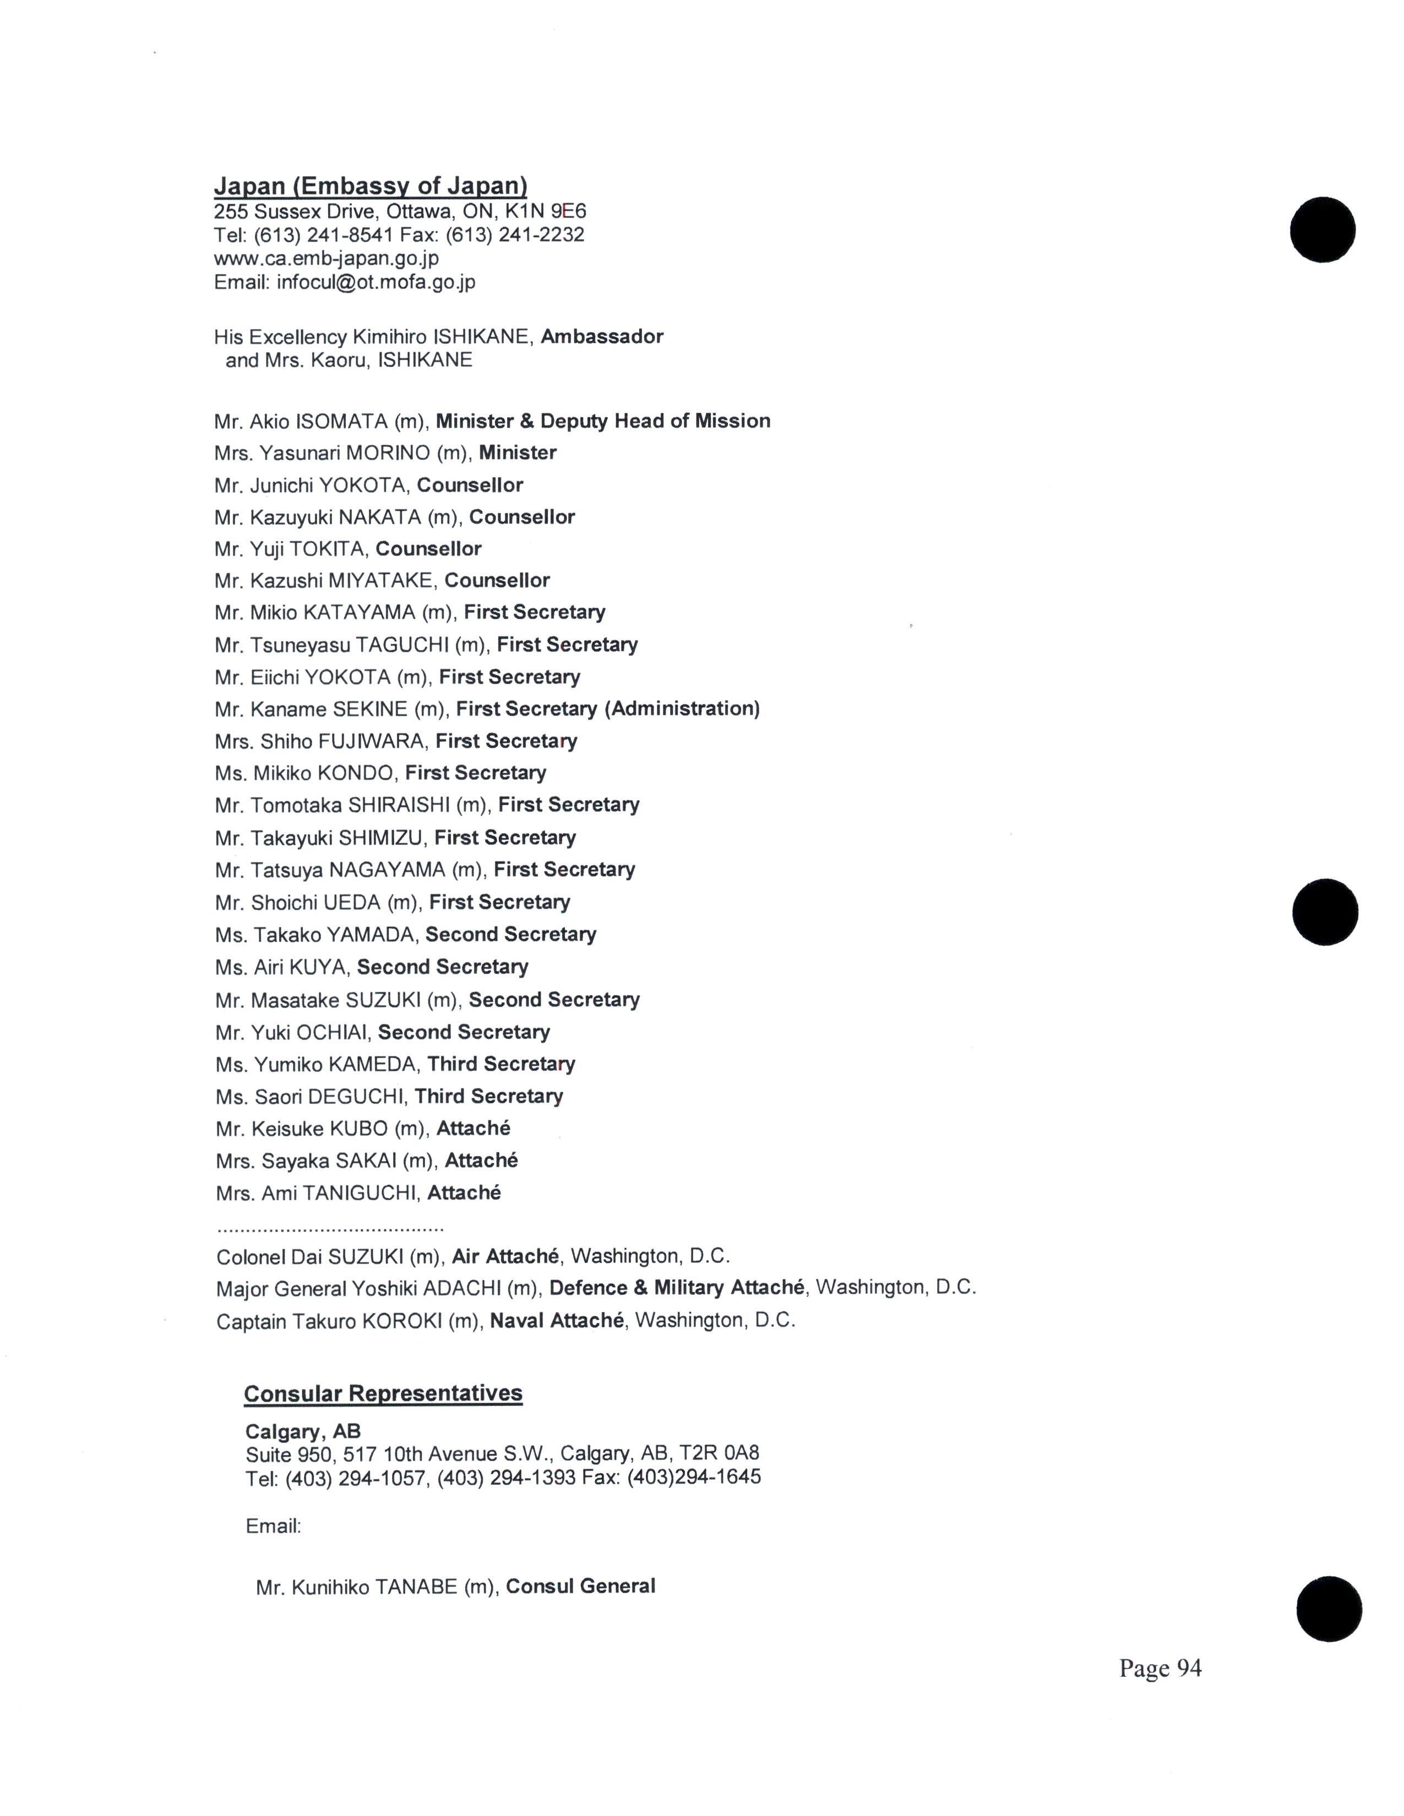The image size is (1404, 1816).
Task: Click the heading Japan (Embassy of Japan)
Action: pos(370,185)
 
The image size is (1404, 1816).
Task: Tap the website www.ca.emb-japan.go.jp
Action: pos(326,259)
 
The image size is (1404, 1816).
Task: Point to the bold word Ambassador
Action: pos(601,337)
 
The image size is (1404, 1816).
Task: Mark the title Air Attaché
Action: pos(505,1256)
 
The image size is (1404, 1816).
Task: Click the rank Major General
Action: pos(281,1289)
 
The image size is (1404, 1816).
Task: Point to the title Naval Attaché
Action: pos(557,1320)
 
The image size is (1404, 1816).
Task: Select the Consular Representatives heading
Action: pos(383,1393)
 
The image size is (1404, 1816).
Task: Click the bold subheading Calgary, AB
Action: pos(303,1431)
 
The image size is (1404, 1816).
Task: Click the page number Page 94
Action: pos(1160,1668)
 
